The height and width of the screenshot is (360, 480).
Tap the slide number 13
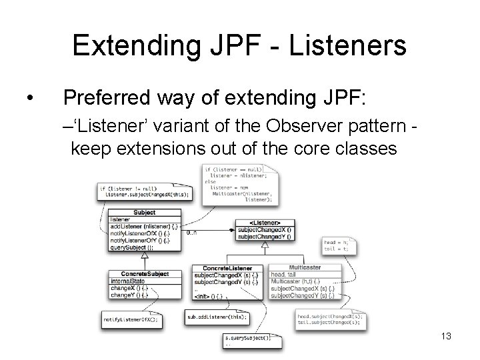click(x=446, y=337)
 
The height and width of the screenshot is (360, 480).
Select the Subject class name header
click(x=144, y=213)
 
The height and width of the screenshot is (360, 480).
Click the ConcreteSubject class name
click(x=145, y=274)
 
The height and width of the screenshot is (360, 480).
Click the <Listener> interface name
click(x=265, y=223)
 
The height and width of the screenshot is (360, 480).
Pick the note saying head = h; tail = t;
click(x=337, y=245)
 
